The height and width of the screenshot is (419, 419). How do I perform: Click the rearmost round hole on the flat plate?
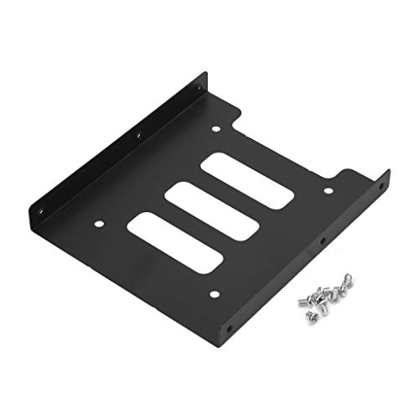(x=216, y=129)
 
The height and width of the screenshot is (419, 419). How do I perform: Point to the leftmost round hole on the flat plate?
(x=98, y=224)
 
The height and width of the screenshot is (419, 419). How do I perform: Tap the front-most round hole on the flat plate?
(x=213, y=293)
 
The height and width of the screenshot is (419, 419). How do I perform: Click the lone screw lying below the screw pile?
(x=310, y=316)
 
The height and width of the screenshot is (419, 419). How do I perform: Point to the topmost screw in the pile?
(x=347, y=277)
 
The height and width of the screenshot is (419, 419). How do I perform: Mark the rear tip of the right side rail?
(x=389, y=171)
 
